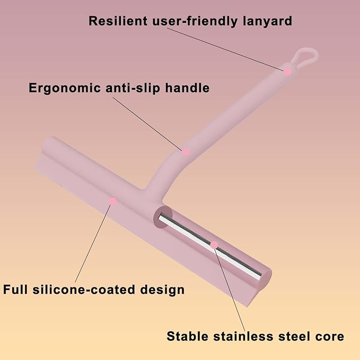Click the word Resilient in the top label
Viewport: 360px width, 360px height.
(x=118, y=21)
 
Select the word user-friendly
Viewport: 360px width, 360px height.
(x=195, y=21)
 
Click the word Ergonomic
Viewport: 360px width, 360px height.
(x=65, y=89)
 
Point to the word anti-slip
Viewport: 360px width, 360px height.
(x=133, y=88)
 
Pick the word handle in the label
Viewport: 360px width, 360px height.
(x=187, y=87)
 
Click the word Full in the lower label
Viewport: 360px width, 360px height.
(x=15, y=289)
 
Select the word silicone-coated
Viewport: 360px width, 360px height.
(x=84, y=289)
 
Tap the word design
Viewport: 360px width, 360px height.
(x=162, y=290)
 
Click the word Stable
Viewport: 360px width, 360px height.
(x=187, y=336)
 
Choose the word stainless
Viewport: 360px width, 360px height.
(x=243, y=336)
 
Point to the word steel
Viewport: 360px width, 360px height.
(x=294, y=336)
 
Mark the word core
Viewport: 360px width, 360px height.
(x=329, y=337)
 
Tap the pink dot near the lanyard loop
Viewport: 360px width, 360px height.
(x=287, y=71)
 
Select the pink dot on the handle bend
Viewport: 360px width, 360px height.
(x=186, y=152)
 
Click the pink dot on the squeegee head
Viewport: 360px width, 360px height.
(x=112, y=201)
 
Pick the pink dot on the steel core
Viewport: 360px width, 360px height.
(x=214, y=245)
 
